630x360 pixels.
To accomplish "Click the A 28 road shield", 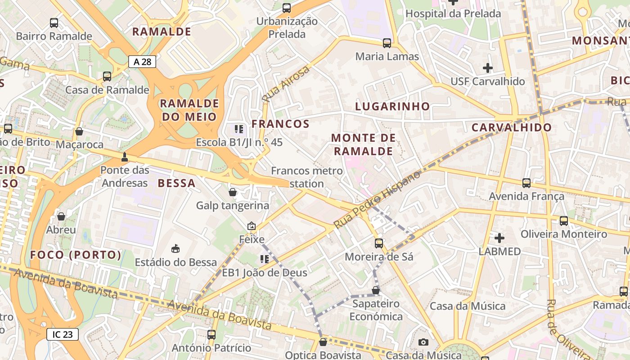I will pos(143,62).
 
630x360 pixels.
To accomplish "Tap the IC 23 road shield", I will pos(63,334).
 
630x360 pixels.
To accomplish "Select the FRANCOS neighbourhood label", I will pos(280,124).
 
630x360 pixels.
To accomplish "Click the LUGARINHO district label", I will pos(392,107).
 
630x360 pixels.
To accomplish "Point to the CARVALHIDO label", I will pos(512,127).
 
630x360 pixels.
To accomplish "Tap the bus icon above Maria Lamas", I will pos(387,43).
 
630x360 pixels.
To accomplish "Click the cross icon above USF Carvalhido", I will pos(488,68).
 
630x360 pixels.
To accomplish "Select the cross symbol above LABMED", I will pos(499,238).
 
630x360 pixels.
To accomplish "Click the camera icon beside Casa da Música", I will pos(423,342).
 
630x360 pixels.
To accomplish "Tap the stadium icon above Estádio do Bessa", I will pos(175,248).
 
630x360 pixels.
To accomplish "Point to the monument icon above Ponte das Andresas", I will pos(125,157).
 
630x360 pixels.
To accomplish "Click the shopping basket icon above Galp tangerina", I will pos(233,193).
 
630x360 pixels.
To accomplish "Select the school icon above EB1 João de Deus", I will pos(264,259).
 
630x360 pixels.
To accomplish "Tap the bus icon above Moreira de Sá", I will pos(379,243).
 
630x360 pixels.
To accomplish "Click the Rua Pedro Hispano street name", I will pos(378,199).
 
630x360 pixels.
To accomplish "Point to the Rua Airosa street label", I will pos(286,83).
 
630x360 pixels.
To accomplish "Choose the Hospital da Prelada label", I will pos(453,13).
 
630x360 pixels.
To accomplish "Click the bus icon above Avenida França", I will pos(526,183).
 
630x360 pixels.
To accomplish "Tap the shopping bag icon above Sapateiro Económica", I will pos(376,291).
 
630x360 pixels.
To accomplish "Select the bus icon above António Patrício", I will pos(211,334).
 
